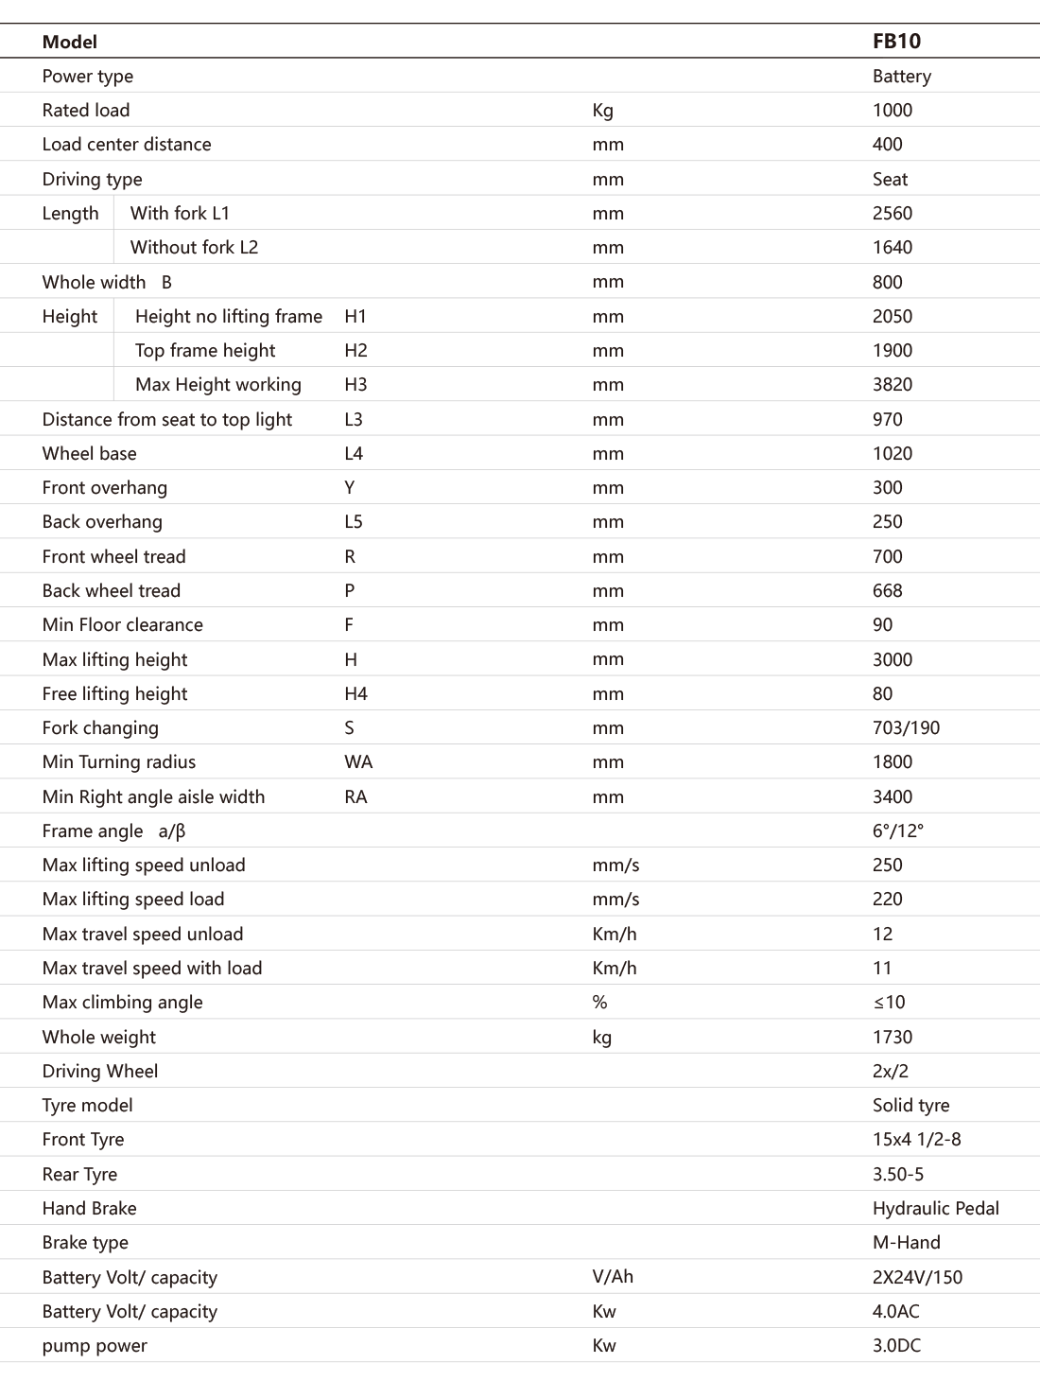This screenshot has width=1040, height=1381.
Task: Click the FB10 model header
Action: pos(896,42)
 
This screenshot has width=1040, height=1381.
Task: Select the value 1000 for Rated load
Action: pos(892,111)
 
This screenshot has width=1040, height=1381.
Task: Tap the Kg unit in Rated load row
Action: pos(602,111)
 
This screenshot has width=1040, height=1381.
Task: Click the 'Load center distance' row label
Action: pos(127,145)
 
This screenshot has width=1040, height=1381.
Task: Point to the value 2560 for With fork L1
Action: pos(892,214)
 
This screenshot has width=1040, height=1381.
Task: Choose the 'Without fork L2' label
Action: pos(194,248)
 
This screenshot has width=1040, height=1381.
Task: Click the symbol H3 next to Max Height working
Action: pos(355,385)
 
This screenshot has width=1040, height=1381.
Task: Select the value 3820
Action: pos(892,385)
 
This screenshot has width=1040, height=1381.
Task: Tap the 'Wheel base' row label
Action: pos(89,454)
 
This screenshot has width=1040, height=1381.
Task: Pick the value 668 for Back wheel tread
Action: pos(887,591)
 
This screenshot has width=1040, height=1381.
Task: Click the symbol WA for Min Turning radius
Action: pos(358,762)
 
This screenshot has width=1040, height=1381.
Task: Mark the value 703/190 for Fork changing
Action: pos(906,728)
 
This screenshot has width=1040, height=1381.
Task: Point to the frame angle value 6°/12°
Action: pos(897,831)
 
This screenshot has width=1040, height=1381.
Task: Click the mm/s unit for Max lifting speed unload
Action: pos(615,865)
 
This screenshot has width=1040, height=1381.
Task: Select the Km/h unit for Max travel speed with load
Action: pos(614,969)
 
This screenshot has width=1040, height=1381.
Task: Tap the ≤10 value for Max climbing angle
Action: pos(889,1003)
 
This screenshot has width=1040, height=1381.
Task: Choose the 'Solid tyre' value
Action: pos(910,1106)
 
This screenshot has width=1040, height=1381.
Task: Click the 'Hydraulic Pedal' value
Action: pos(935,1209)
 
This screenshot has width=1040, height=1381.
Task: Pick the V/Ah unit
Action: pos(613,1277)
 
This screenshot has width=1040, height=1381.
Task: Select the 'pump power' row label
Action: pos(95,1346)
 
